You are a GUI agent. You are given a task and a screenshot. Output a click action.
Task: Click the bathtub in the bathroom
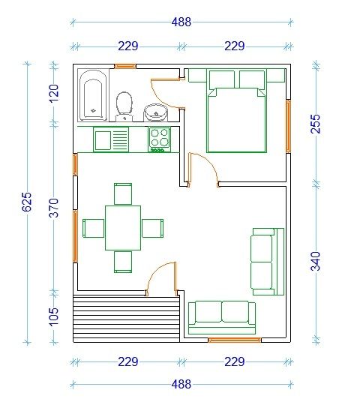[93, 96]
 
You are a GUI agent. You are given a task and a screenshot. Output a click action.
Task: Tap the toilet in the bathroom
[124, 106]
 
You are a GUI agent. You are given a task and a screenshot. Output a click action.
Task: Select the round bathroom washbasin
[155, 112]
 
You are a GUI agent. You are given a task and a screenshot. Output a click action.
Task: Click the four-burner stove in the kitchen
[160, 139]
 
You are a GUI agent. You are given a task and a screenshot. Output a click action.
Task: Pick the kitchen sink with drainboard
[111, 139]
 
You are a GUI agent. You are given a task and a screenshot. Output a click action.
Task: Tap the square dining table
[123, 228]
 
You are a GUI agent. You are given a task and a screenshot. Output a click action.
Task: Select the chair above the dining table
[123, 193]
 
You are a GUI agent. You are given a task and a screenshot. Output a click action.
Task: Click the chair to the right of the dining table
[153, 228]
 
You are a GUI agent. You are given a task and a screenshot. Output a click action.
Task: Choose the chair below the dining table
[123, 262]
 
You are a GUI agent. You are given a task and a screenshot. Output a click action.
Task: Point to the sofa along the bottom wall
[222, 318]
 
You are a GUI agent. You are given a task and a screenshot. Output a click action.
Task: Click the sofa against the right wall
[267, 262]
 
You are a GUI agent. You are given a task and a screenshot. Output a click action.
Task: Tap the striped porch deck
[127, 319]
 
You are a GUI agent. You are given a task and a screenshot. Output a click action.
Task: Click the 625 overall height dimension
[27, 202]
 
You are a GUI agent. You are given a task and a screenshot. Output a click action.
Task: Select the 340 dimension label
[316, 261]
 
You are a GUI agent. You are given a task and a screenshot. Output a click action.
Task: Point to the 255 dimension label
[316, 124]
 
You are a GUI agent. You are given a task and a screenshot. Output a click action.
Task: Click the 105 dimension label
[53, 316]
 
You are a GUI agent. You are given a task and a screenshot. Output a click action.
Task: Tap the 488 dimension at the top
[181, 22]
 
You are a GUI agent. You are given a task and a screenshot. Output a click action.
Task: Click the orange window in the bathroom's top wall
[125, 66]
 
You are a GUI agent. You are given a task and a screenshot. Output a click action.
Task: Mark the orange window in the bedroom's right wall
[288, 126]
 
